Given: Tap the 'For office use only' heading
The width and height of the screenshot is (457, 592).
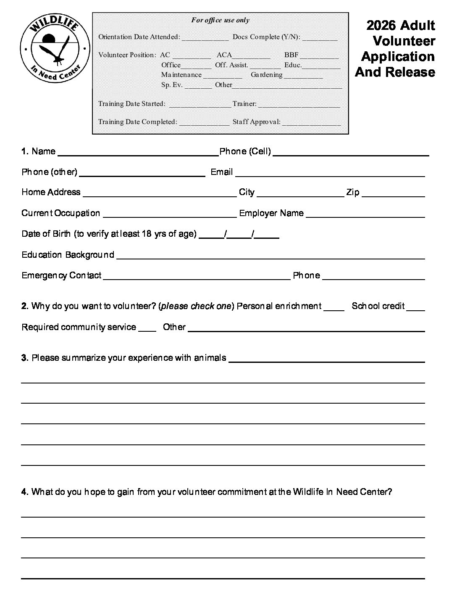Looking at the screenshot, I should [220, 20].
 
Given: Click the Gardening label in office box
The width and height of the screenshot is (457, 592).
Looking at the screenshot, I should [266, 75].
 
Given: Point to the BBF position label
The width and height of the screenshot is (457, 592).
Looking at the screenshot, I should [291, 55].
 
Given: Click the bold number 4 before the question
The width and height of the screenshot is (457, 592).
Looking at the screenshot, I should [24, 492].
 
